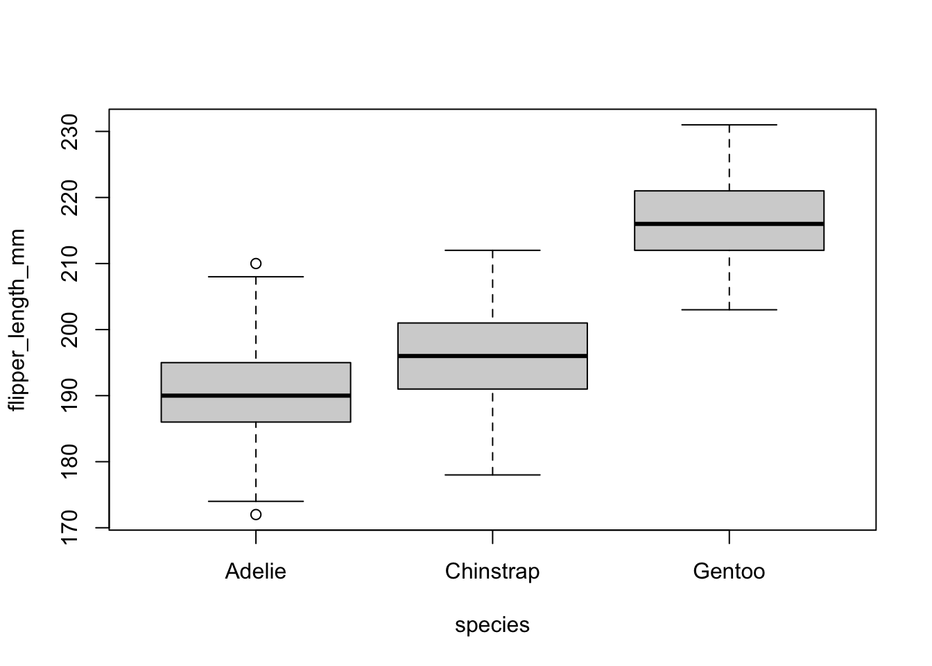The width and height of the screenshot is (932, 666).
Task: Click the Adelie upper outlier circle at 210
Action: (256, 264)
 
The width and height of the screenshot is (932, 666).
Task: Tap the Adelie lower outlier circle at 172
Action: (256, 515)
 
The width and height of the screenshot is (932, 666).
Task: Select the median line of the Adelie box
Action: (256, 395)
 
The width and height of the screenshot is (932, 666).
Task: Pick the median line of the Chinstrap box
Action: (492, 356)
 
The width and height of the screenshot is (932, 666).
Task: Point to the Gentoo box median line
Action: (729, 224)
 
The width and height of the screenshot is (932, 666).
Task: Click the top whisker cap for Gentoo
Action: (729, 125)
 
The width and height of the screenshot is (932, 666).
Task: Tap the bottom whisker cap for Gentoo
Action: (729, 309)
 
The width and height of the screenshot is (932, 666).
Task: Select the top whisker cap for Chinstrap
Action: (492, 250)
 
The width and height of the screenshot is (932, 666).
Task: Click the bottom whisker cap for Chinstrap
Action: (492, 475)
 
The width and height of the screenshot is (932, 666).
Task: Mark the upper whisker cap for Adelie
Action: (256, 277)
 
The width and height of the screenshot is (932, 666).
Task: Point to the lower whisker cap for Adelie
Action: (256, 501)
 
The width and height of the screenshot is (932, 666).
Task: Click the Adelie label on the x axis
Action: (256, 572)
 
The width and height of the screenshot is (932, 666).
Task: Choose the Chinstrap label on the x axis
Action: (492, 572)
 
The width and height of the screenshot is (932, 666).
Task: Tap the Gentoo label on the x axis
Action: (729, 572)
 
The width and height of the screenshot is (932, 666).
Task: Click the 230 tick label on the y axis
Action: (72, 132)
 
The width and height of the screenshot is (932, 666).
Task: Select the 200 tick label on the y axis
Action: (72, 330)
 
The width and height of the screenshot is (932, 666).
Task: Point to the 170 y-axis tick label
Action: (72, 528)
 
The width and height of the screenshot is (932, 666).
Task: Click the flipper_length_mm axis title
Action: (17, 320)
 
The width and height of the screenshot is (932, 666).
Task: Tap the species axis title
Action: (492, 626)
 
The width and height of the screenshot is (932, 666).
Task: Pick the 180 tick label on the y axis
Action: (72, 462)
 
